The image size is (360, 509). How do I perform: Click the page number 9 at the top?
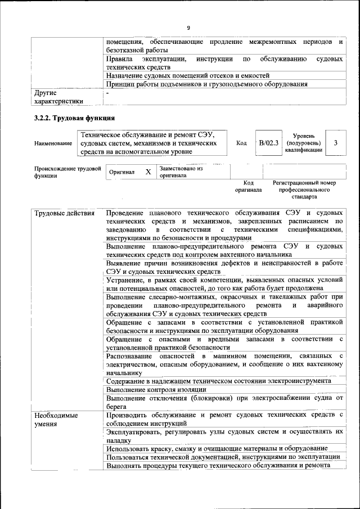(x=188, y=28)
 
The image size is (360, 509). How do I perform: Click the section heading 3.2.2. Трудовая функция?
(x=74, y=118)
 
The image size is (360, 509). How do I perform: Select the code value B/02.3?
(x=269, y=143)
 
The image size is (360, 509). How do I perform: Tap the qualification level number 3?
(x=335, y=143)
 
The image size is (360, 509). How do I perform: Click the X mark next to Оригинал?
(x=148, y=172)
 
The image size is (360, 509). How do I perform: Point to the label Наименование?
(x=53, y=143)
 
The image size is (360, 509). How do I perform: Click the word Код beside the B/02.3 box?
(x=241, y=143)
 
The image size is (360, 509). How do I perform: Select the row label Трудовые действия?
(x=61, y=214)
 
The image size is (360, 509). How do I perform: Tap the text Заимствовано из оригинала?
(x=181, y=172)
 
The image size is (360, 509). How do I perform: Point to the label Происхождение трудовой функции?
(x=67, y=172)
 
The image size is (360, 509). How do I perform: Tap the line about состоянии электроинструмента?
(x=218, y=381)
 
